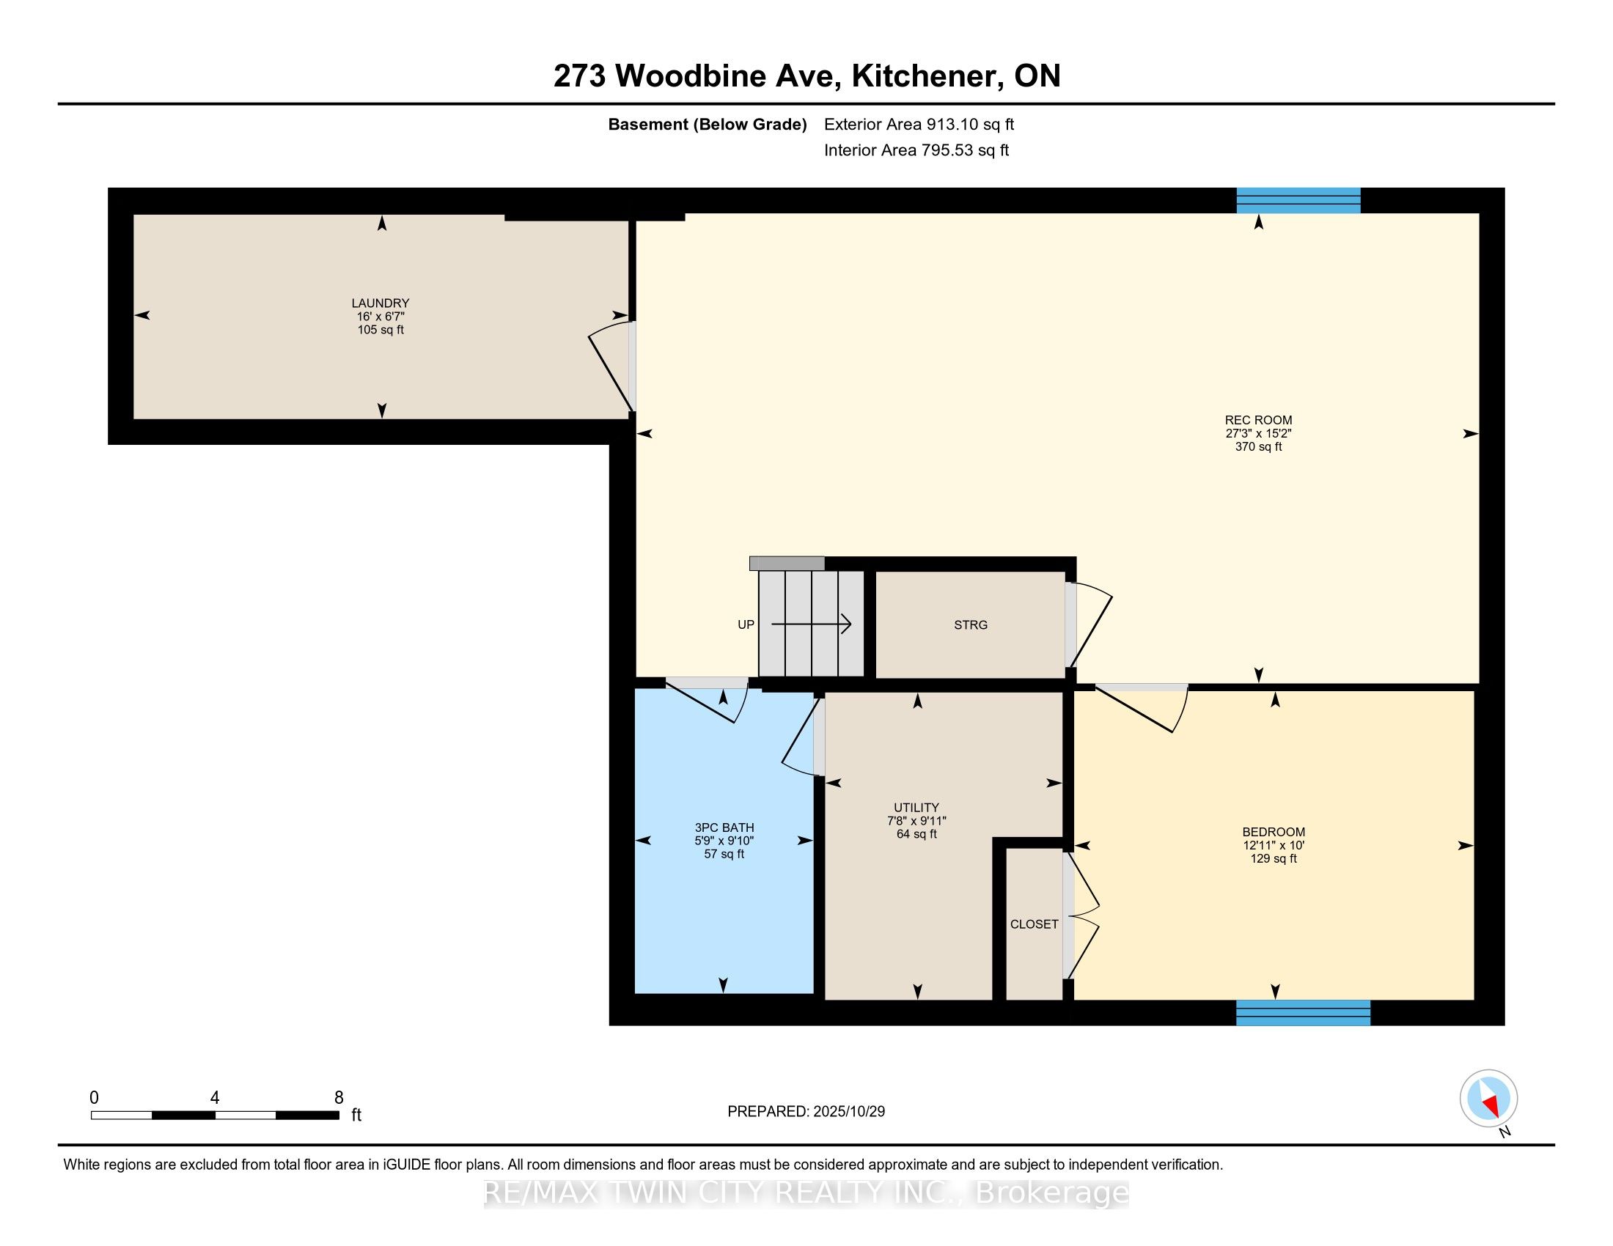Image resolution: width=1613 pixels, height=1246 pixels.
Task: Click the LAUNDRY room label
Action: [x=380, y=303]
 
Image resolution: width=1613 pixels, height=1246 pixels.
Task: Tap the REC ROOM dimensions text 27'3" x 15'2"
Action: [x=1257, y=433]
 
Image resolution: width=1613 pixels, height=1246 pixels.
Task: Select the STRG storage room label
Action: [x=970, y=624]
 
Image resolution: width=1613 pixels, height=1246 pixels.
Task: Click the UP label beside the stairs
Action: [x=745, y=624]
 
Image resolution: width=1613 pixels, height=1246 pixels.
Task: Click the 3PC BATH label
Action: [x=724, y=827]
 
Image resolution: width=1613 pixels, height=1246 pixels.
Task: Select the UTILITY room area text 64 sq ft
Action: [x=916, y=834]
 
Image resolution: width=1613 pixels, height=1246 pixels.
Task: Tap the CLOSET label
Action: [x=1033, y=924]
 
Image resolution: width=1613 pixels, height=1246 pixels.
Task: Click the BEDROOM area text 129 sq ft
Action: [x=1273, y=858]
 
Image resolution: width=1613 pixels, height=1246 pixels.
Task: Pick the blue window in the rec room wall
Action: [x=1298, y=200]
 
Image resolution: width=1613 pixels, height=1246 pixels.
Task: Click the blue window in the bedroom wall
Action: [x=1302, y=1012]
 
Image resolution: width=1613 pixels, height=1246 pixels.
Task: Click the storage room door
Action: [x=1088, y=624]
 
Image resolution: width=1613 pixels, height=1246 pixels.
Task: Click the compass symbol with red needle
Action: [x=1488, y=1098]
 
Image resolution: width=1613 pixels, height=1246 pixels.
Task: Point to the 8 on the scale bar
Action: [x=338, y=1098]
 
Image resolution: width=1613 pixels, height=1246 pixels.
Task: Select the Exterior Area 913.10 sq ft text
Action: [x=918, y=124]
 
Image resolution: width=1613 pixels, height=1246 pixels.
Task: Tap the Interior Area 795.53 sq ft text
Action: [x=916, y=150]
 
